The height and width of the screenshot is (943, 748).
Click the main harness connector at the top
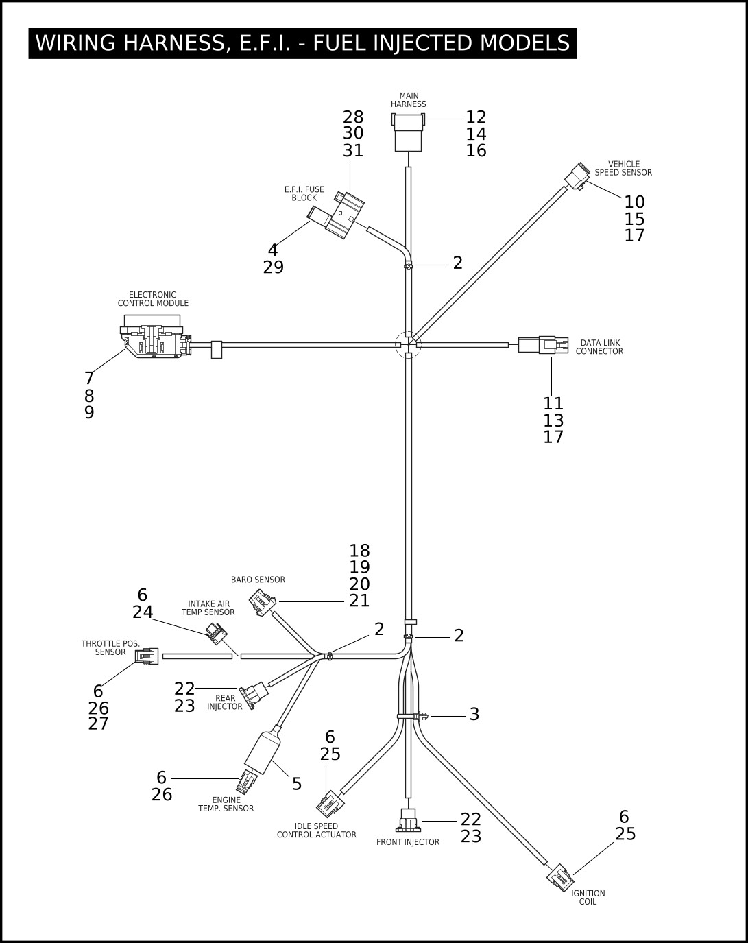tap(408, 132)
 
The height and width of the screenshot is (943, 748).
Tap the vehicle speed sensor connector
tap(577, 176)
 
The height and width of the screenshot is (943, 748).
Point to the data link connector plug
tap(544, 345)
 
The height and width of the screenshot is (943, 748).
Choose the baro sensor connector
tap(263, 603)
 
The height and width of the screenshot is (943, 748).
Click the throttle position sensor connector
tap(147, 656)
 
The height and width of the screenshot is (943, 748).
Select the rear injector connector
tap(253, 695)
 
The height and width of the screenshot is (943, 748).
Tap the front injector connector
tap(409, 820)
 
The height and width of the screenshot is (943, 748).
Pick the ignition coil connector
tap(560, 878)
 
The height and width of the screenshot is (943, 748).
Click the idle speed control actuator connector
tap(330, 804)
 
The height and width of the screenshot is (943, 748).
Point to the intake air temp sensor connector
tap(217, 634)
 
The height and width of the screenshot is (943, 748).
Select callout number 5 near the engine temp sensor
tap(297, 784)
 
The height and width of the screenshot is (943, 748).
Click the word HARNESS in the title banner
tap(174, 43)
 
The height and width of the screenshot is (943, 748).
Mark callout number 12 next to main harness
tap(476, 117)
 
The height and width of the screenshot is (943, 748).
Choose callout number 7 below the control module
tap(89, 378)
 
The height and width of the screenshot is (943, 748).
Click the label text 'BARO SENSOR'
tap(258, 580)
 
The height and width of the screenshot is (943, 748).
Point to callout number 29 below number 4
tap(274, 267)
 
